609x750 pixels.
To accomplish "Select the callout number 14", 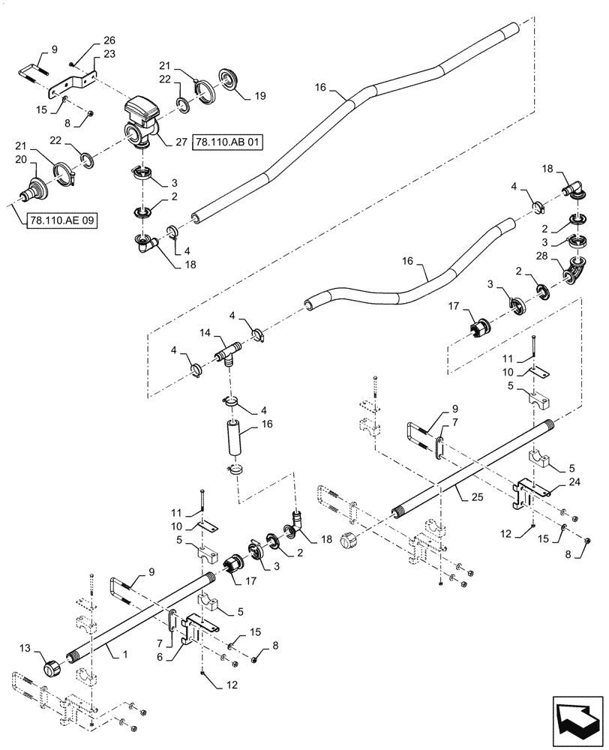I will (x=205, y=331).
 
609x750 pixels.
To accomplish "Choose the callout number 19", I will (x=259, y=96).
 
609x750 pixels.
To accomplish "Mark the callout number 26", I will (x=109, y=40).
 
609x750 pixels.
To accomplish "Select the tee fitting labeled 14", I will (x=228, y=352).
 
